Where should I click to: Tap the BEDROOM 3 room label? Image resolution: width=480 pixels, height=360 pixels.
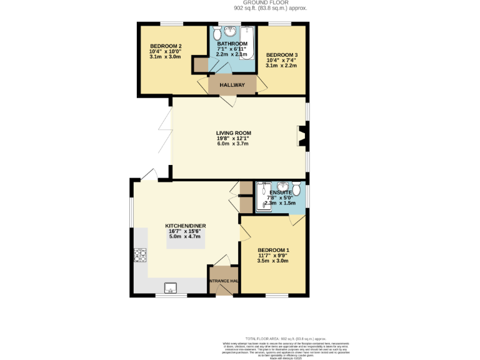(x=281, y=55)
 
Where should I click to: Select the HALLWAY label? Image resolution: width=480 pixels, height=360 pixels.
(x=232, y=84)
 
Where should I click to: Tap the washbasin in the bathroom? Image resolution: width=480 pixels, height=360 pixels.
(x=231, y=31)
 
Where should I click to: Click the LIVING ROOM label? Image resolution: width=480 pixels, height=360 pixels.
(x=233, y=132)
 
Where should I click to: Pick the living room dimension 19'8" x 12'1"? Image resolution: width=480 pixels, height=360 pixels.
(x=233, y=138)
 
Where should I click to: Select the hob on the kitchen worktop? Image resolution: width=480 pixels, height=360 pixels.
(x=139, y=255)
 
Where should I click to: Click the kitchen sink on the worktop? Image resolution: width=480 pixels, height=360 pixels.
(x=171, y=287)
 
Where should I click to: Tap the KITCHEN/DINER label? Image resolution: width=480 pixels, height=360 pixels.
(x=185, y=226)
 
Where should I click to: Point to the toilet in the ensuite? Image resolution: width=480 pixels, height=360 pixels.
(x=297, y=189)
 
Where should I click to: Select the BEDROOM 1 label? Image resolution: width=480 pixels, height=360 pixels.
(x=273, y=250)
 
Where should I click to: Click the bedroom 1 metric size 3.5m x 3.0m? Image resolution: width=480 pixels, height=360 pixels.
(x=273, y=261)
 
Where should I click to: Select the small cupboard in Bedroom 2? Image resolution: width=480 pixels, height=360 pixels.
(x=201, y=64)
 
